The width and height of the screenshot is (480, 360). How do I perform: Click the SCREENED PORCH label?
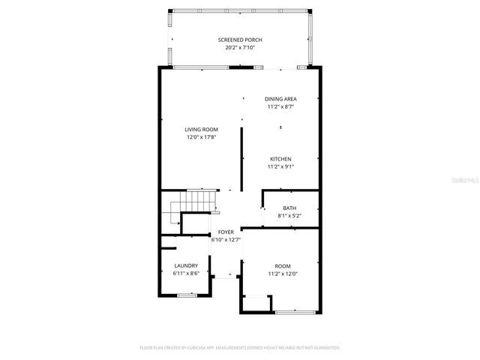click(x=240, y=40)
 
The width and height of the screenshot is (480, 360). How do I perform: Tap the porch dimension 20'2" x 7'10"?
click(x=240, y=47)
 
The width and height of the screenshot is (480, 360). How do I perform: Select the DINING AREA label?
click(x=281, y=99)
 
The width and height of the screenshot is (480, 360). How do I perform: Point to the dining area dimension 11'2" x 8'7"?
click(x=281, y=106)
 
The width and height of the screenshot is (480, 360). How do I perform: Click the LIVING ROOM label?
click(x=202, y=129)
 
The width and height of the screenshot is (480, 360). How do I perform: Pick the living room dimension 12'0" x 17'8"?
click(x=202, y=136)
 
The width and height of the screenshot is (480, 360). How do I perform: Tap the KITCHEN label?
click(x=281, y=159)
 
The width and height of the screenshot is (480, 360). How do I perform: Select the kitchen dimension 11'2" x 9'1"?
click(x=281, y=166)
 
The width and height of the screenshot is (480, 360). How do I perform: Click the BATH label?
click(x=289, y=208)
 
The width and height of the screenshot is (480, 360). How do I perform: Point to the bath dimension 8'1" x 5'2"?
click(x=289, y=215)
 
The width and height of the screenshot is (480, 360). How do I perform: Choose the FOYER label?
click(x=226, y=232)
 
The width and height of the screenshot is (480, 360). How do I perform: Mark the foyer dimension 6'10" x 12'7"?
click(x=226, y=240)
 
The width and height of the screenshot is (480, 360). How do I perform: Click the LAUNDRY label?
click(x=186, y=265)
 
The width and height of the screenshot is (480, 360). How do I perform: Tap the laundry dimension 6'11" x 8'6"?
click(x=186, y=273)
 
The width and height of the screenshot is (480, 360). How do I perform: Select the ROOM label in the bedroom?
click(x=282, y=265)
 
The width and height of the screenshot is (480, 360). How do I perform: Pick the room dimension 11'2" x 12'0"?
click(x=282, y=273)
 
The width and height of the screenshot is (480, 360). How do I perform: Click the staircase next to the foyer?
click(x=199, y=201)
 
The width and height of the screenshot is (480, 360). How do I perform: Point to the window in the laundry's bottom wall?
click(x=186, y=295)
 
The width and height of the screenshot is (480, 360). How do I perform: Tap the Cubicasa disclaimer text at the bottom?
click(x=240, y=348)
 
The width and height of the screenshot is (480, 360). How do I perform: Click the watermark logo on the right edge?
click(x=469, y=180)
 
